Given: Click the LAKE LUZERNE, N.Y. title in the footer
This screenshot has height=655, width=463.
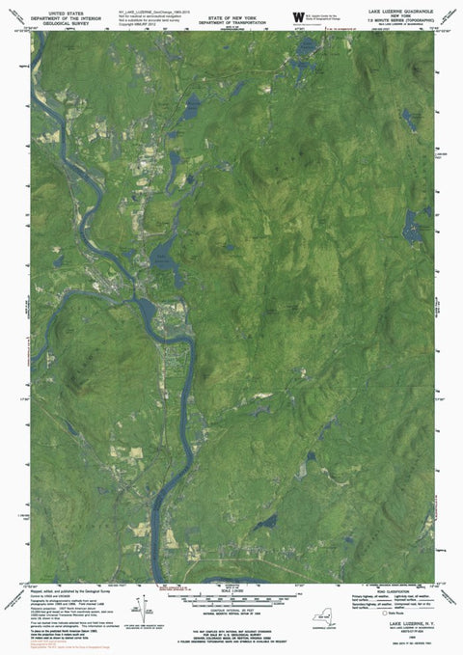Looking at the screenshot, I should click(401, 625).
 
